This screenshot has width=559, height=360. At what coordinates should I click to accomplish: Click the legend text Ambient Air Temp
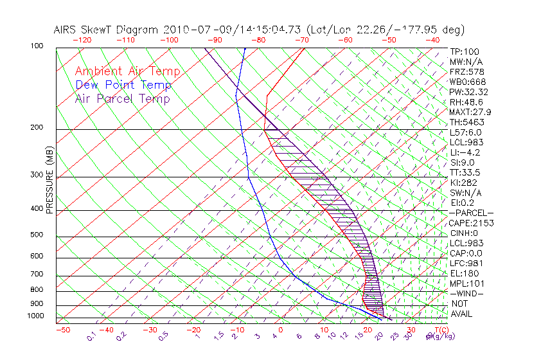point(127,72)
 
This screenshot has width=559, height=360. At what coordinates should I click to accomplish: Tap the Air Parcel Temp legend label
point(122,99)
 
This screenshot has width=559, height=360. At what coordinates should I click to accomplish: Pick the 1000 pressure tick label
point(52,316)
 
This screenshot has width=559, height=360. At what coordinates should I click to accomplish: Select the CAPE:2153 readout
point(469,223)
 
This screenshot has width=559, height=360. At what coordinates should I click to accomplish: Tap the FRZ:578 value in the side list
point(467,71)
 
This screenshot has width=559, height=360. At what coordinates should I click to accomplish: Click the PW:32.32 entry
point(469,92)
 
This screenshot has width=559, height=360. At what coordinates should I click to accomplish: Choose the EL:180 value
point(464,273)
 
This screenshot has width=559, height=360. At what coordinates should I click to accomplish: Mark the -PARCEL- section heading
point(471,213)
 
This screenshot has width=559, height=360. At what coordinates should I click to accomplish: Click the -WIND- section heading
point(466,293)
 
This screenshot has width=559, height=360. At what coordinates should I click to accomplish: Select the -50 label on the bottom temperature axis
point(63,330)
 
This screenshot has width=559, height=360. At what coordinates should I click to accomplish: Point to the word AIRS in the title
point(67,30)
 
